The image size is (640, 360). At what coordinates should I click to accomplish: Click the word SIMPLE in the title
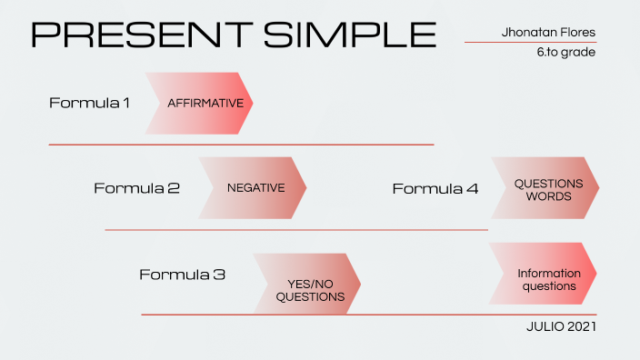pyautogui.click(x=349, y=34)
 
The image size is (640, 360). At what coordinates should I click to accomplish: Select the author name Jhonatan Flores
pyautogui.click(x=548, y=33)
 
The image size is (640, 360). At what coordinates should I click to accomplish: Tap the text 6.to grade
pyautogui.click(x=565, y=52)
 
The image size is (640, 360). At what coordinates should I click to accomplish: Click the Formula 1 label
pyautogui.click(x=89, y=103)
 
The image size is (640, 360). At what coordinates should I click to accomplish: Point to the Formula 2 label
pyautogui.click(x=136, y=188)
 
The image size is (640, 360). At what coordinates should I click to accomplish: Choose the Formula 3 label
pyautogui.click(x=182, y=274)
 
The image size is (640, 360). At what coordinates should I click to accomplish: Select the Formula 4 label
pyautogui.click(x=435, y=188)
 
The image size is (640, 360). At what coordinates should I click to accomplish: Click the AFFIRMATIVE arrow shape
pyautogui.click(x=202, y=104)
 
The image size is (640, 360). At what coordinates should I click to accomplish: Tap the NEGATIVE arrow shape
pyautogui.click(x=254, y=188)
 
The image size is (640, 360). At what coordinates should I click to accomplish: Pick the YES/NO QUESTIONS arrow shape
pyautogui.click(x=308, y=284)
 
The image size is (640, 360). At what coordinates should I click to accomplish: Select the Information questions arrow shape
pyautogui.click(x=545, y=274)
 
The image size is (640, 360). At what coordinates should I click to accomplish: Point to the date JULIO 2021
pyautogui.click(x=561, y=326)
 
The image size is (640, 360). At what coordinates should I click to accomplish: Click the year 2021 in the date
pyautogui.click(x=580, y=326)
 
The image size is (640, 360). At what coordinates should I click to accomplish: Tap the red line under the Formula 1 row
pyautogui.click(x=241, y=145)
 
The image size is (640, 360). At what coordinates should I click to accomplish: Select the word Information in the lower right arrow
pyautogui.click(x=549, y=273)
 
